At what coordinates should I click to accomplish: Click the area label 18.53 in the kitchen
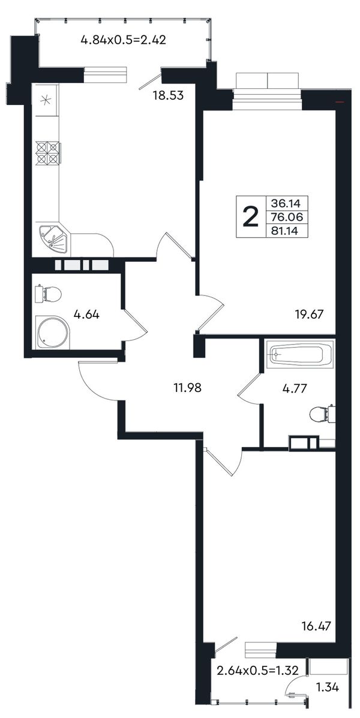coord(168,95)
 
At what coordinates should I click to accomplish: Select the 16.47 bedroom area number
coord(316,626)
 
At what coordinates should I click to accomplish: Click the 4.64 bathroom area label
coord(86,315)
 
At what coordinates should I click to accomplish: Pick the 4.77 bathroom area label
coord(294,389)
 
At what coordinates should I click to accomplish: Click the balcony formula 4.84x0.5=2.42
coord(123,40)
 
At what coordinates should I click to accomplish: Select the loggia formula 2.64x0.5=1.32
coord(257,671)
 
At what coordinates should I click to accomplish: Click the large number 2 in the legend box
coord(250,217)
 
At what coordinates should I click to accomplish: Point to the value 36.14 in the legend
coord(284,202)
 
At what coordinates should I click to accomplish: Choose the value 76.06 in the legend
coord(284,217)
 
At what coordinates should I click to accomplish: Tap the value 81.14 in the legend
coord(284,231)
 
